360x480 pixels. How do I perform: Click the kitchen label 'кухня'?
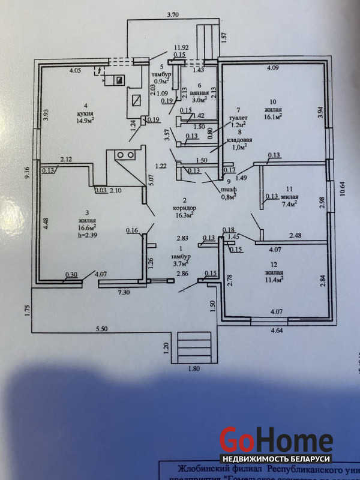pyautogui.click(x=84, y=112)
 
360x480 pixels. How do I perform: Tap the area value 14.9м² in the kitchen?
pyautogui.click(x=84, y=120)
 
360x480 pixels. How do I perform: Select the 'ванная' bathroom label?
pyautogui.click(x=200, y=94)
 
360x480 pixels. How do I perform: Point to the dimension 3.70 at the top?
pyautogui.click(x=173, y=14)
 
